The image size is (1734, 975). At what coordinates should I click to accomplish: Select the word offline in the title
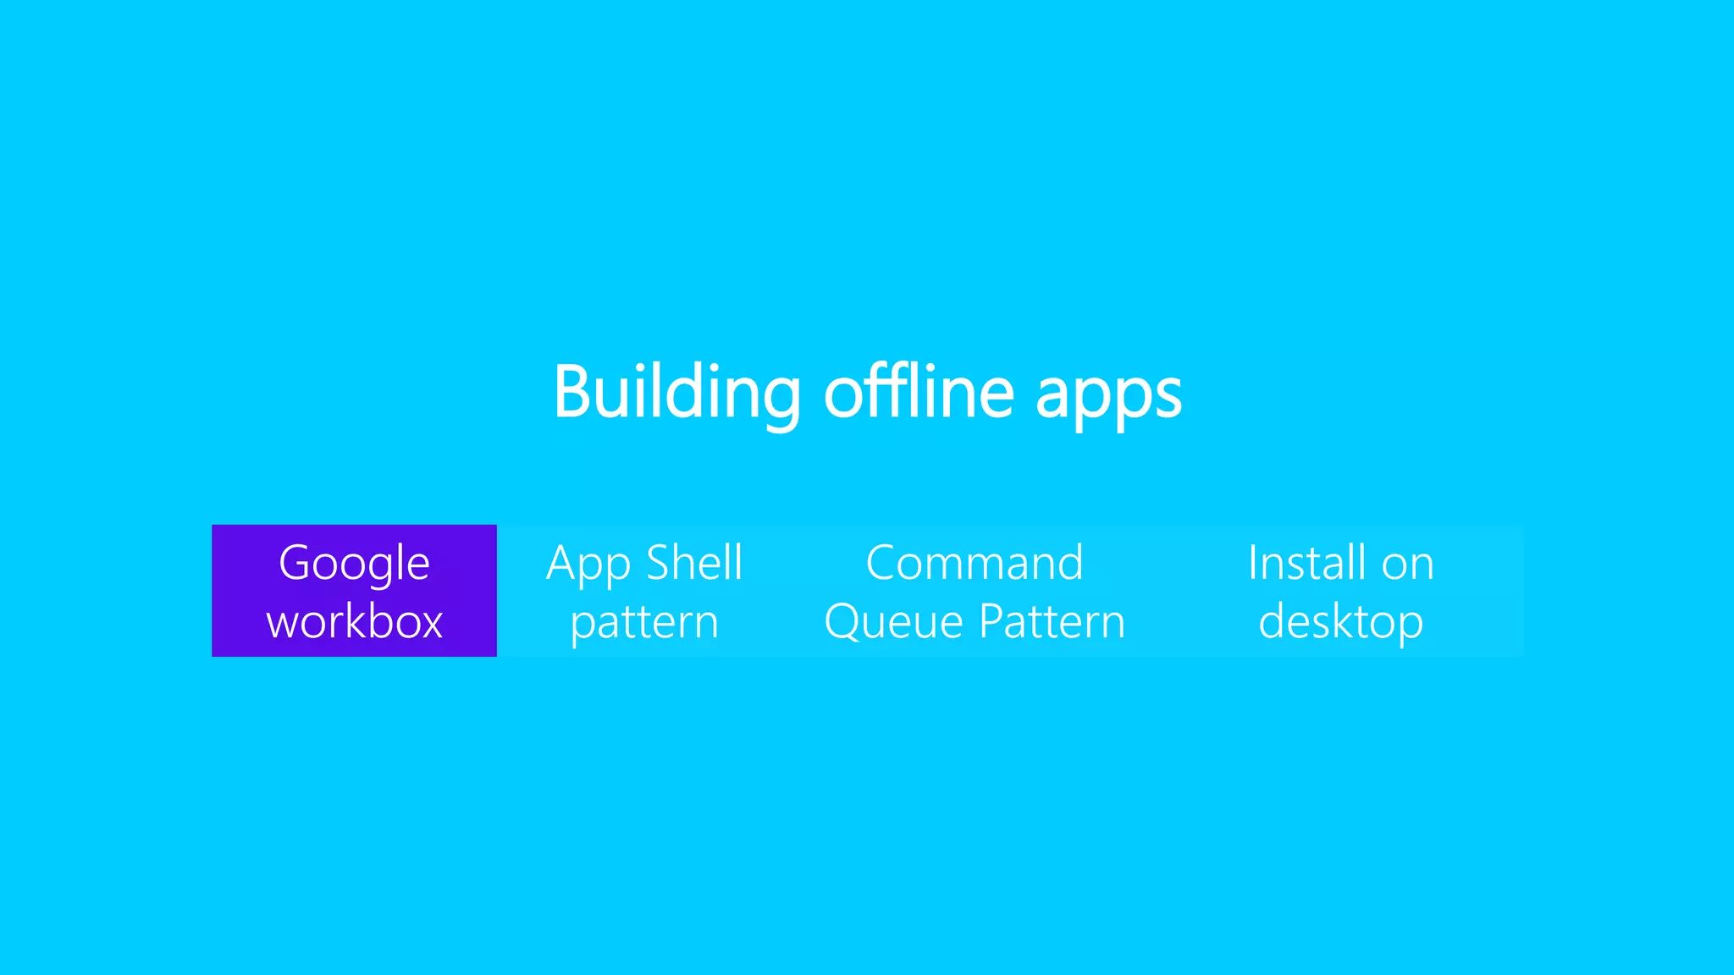(919, 392)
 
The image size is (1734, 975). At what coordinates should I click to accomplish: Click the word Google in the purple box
(354, 564)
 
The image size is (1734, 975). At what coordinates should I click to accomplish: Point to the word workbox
(354, 622)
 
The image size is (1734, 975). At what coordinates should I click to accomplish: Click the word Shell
(694, 563)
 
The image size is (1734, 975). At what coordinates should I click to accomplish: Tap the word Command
(975, 563)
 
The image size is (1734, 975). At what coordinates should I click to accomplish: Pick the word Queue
(894, 623)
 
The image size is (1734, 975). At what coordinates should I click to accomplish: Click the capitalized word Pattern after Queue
(1052, 622)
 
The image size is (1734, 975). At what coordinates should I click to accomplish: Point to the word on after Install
(1407, 565)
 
